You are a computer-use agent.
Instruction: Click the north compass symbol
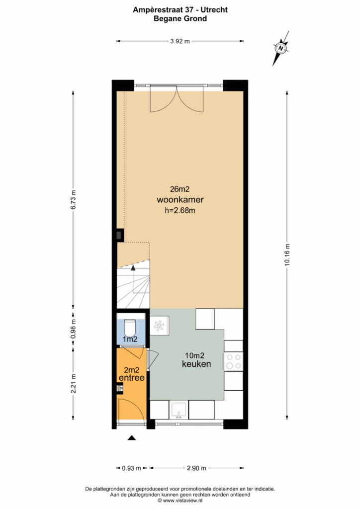pyautogui.click(x=281, y=48)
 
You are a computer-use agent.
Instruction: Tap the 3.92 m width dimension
pyautogui.click(x=180, y=41)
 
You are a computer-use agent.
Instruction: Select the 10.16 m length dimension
pyautogui.click(x=287, y=254)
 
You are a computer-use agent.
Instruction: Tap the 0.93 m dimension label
pyautogui.click(x=131, y=468)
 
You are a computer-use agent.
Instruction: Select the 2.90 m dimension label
pyautogui.click(x=196, y=468)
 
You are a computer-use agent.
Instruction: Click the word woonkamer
pyautogui.click(x=180, y=199)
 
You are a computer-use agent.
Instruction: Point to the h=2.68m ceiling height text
pyautogui.click(x=180, y=210)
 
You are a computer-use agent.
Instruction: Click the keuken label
pyautogui.click(x=196, y=364)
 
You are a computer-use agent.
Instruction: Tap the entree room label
pyautogui.click(x=131, y=378)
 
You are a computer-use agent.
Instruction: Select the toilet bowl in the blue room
pyautogui.click(x=131, y=328)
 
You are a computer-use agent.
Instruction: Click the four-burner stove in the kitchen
pyautogui.click(x=233, y=361)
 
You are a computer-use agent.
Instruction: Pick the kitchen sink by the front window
pyautogui.click(x=179, y=410)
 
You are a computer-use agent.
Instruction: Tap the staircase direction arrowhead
pyautogui.click(x=133, y=267)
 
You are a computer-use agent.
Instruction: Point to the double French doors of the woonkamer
pyautogui.click(x=177, y=99)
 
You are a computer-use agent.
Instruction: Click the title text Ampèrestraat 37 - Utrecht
pyautogui.click(x=180, y=10)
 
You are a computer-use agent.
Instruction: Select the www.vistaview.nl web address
pyautogui.click(x=184, y=501)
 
